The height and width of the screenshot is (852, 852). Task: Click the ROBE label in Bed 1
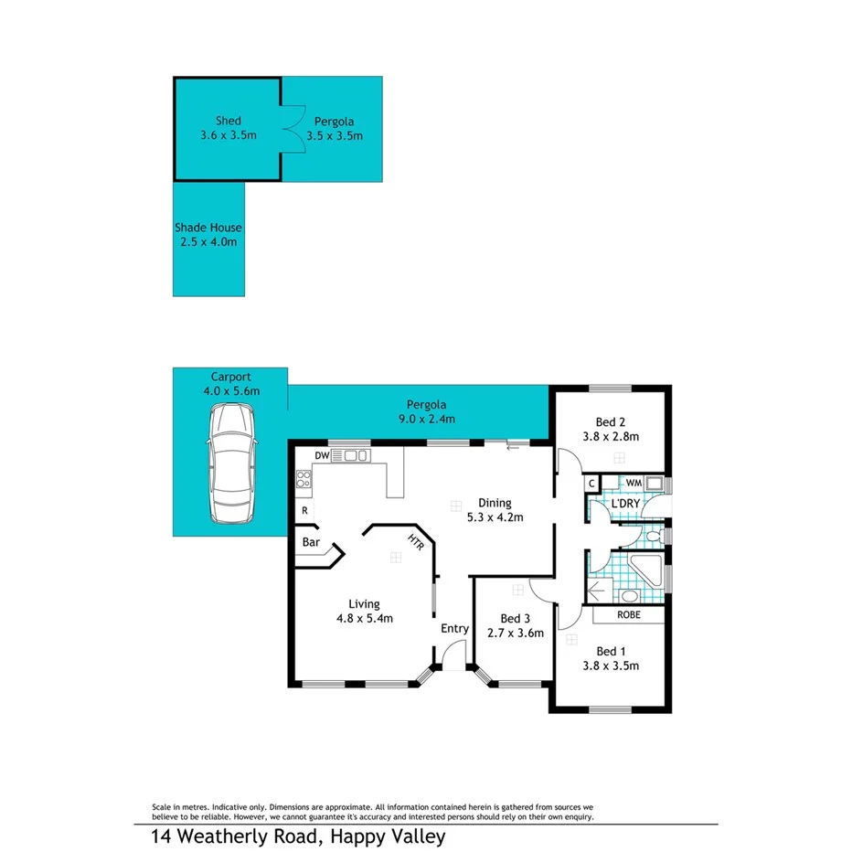coord(629,615)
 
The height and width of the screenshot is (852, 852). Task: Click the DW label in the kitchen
coord(321,454)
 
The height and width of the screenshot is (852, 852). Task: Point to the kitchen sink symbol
coord(355,455)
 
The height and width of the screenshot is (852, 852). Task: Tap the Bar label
coord(310,542)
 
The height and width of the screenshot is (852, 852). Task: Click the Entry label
coord(454,628)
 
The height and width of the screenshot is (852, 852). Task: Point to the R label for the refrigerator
coord(304,511)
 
